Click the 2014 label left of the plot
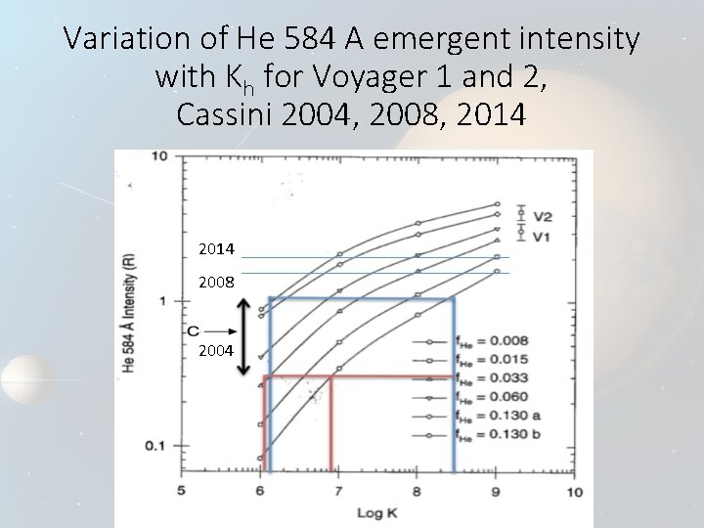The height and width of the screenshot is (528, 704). click(x=215, y=249)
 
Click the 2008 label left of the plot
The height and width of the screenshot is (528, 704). click(x=215, y=285)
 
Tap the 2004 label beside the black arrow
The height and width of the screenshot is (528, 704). click(x=215, y=350)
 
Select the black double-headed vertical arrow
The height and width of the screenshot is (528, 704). click(x=243, y=337)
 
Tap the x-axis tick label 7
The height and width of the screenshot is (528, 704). click(x=337, y=492)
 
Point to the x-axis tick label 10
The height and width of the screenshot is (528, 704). click(x=575, y=492)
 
